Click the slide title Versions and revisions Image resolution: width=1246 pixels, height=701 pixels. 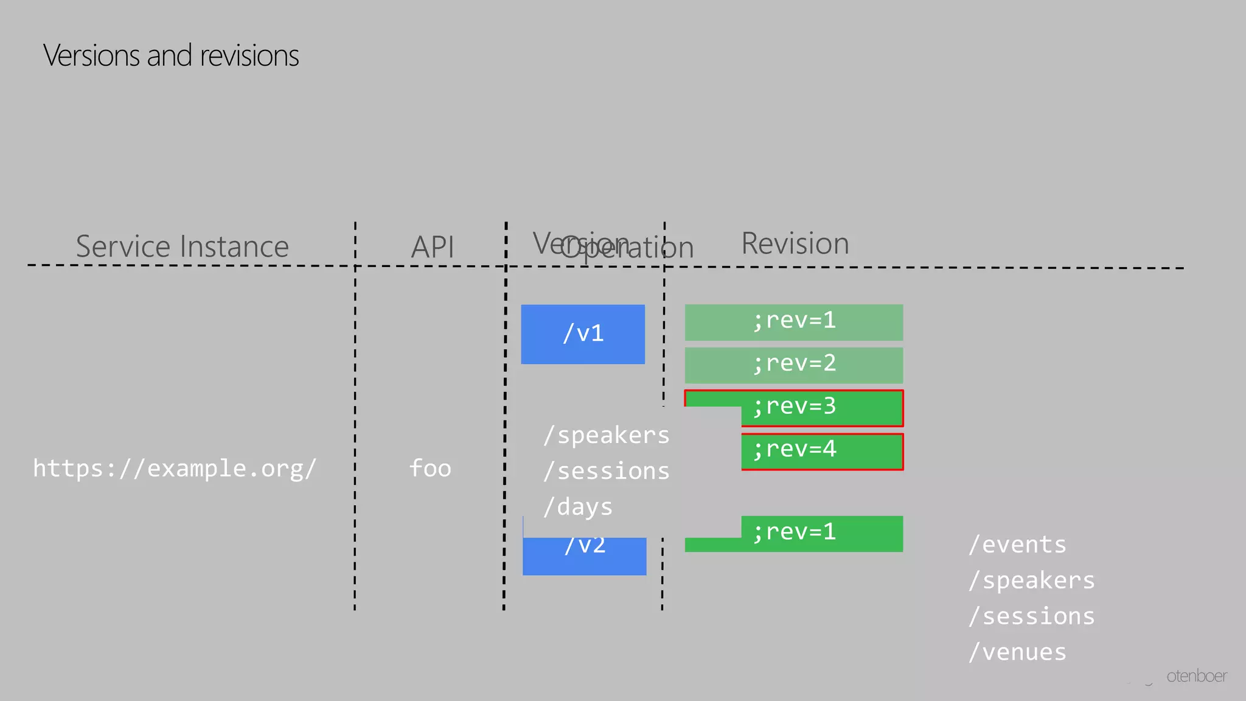click(171, 55)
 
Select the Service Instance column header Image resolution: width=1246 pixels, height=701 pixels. click(182, 246)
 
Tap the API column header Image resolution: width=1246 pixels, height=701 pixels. click(432, 247)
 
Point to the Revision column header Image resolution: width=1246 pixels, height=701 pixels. click(795, 243)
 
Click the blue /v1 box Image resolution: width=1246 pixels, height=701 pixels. click(583, 334)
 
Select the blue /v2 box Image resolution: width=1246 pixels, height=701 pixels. click(584, 556)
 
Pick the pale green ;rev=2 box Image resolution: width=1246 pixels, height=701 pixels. click(793, 364)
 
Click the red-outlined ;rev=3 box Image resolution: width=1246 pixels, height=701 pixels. click(821, 408)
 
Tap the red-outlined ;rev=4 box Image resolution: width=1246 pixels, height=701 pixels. click(821, 451)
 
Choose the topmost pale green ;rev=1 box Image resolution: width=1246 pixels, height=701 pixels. click(793, 322)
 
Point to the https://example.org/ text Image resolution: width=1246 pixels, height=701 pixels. click(175, 469)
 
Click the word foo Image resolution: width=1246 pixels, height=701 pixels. click(430, 469)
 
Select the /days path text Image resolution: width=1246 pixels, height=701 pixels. click(577, 507)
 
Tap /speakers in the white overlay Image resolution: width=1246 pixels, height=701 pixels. click(606, 435)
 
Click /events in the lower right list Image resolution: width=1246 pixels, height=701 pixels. click(1017, 545)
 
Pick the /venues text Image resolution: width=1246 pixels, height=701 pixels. click(1017, 652)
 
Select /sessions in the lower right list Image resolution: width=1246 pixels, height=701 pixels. click(1032, 616)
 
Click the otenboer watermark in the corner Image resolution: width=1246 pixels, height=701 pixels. click(1196, 676)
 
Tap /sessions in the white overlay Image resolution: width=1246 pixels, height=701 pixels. click(606, 471)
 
